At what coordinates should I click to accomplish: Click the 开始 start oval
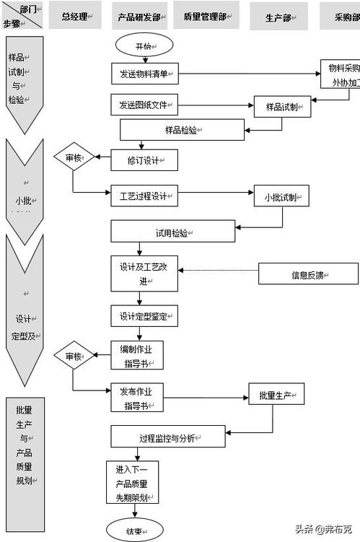tap(144, 46)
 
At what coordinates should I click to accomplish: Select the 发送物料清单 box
tap(144, 74)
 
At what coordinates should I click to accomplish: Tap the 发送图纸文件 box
tap(144, 105)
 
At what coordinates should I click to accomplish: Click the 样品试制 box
tap(282, 106)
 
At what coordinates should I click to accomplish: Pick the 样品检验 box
tap(182, 130)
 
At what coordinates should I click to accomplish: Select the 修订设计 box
tap(144, 159)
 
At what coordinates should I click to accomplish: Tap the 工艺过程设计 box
tap(144, 196)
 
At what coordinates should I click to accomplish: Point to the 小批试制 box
tap(282, 198)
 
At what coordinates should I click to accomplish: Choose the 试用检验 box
tap(172, 231)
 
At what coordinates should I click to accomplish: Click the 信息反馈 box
tap(308, 274)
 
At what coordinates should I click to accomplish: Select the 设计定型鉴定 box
tap(144, 315)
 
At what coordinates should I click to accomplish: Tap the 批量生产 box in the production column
tap(276, 395)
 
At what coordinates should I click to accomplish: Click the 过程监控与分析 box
tap(172, 437)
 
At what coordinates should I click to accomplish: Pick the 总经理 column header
tap(76, 15)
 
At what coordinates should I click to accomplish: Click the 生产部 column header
tap(278, 15)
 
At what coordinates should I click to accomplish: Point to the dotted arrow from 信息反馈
tap(219, 271)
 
